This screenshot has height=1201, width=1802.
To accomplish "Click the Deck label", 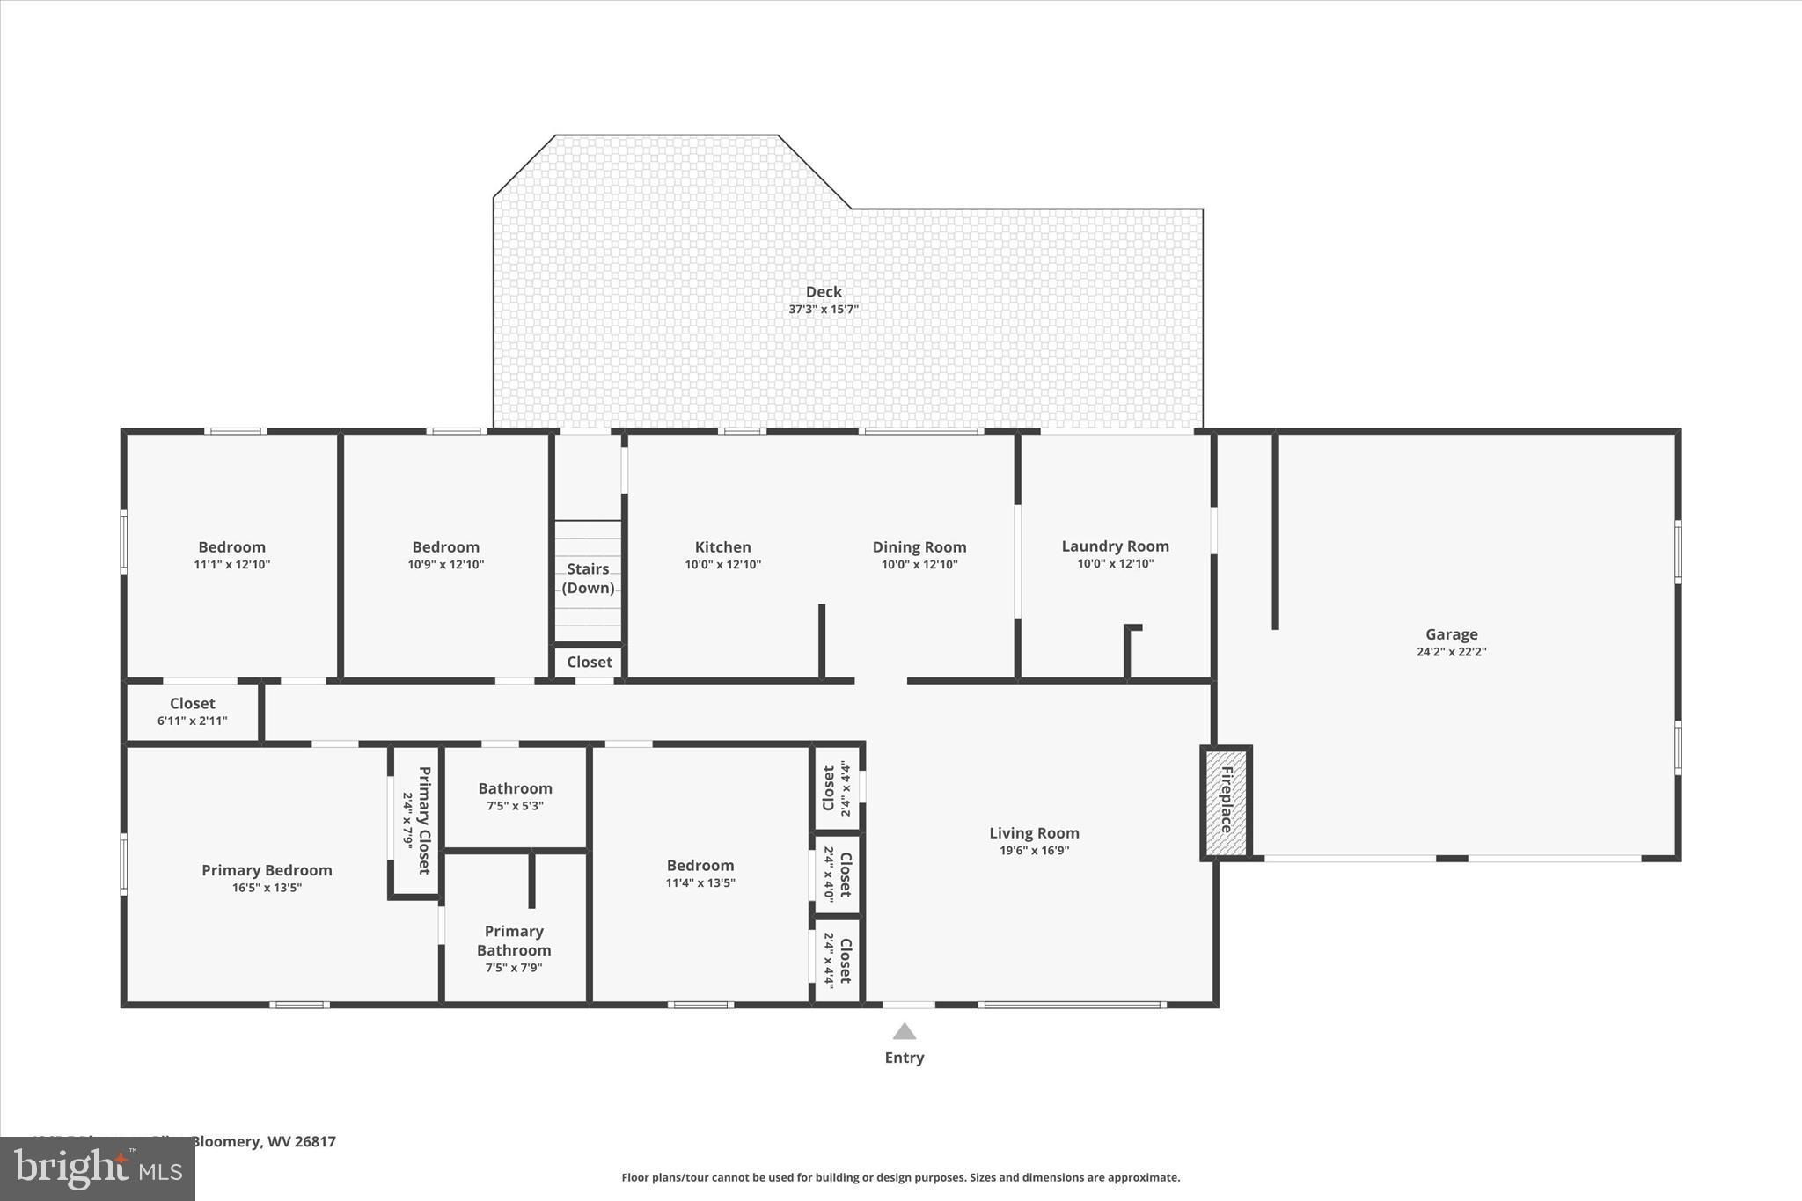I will [x=824, y=291].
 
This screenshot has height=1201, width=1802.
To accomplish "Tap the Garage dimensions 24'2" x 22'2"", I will [x=1451, y=652].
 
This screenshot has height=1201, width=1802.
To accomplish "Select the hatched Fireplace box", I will [x=1226, y=801].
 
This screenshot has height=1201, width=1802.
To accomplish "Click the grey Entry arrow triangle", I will [x=905, y=1032].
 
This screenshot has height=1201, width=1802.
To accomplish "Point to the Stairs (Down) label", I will [x=588, y=578].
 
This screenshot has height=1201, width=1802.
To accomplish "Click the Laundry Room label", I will [x=1115, y=546].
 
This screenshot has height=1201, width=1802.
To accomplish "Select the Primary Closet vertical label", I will [x=423, y=820].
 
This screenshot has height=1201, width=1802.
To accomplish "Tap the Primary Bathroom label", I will [x=514, y=941].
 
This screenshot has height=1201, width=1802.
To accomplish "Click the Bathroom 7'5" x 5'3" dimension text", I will [x=515, y=806].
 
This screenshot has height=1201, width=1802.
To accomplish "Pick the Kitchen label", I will [x=722, y=546].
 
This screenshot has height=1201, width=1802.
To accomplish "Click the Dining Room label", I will [x=919, y=546].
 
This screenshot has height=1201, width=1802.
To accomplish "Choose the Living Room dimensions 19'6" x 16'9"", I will [x=1034, y=851].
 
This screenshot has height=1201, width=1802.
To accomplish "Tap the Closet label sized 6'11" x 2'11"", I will [x=192, y=703].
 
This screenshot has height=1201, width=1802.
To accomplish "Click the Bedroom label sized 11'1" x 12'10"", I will [x=231, y=546].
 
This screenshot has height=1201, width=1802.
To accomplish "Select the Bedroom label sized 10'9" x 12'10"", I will [x=445, y=546].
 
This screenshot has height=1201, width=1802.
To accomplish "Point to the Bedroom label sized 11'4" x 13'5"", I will [x=700, y=865].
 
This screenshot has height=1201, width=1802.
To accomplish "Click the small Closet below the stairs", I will [x=589, y=662].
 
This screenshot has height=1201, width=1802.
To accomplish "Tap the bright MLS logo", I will [x=98, y=1168].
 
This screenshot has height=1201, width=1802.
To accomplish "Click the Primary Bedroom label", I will [x=267, y=870].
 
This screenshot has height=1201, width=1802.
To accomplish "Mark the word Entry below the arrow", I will [x=905, y=1058].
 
